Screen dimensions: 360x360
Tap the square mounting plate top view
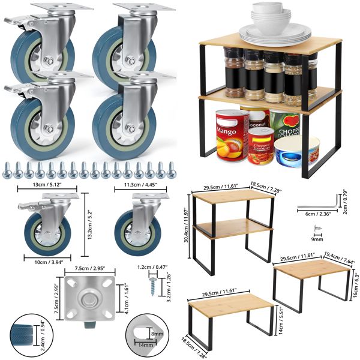pos(87,296)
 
